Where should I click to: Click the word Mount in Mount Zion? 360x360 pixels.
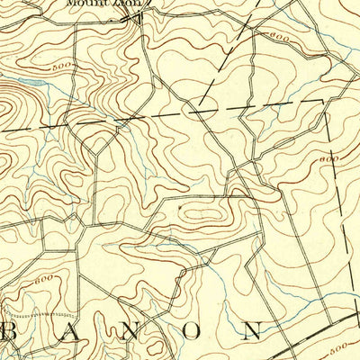tap(83, 4)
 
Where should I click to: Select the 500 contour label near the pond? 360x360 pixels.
tap(61, 67)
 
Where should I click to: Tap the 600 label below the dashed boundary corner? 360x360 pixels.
tap(328, 159)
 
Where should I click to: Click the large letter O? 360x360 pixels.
tap(193, 330)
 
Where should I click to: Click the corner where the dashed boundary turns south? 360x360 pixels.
tap(322, 102)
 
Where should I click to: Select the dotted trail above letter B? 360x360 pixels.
tap(40, 315)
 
